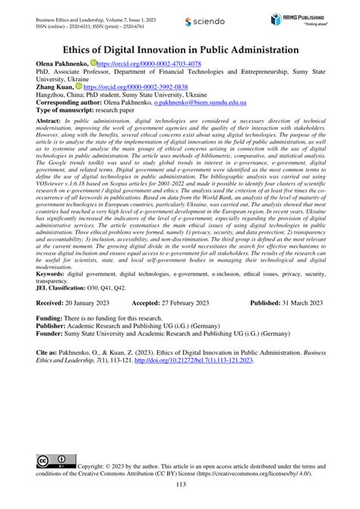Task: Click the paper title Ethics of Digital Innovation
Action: tap(179, 51)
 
